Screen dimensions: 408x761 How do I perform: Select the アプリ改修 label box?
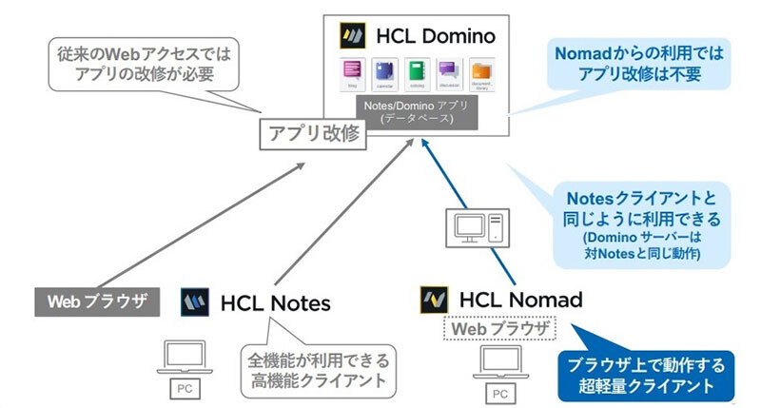pyautogui.click(x=313, y=134)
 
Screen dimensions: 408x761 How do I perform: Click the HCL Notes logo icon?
pyautogui.click(x=196, y=302)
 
